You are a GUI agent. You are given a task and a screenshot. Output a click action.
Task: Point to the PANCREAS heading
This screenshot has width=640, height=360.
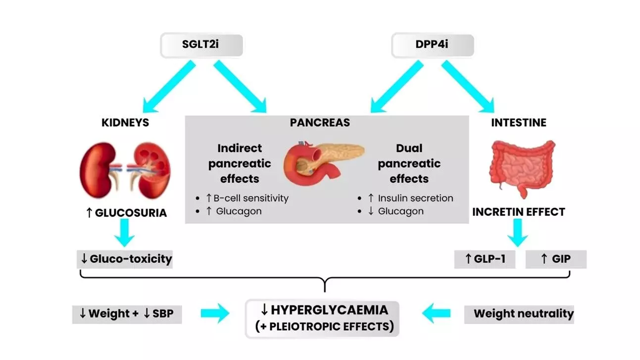click(x=320, y=122)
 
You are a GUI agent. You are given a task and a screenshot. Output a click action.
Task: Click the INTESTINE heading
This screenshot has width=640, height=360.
click(x=518, y=122)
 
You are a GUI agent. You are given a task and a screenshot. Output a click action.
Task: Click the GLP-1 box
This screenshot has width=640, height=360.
click(x=485, y=258)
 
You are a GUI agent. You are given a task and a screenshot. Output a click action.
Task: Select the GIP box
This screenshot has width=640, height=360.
click(x=556, y=258)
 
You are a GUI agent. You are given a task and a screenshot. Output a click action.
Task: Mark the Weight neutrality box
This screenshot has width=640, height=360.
click(x=519, y=313)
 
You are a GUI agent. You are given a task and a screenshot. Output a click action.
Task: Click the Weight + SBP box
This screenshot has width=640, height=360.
click(x=127, y=313)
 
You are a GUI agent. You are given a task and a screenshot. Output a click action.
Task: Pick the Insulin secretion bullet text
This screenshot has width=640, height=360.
click(x=410, y=198)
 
